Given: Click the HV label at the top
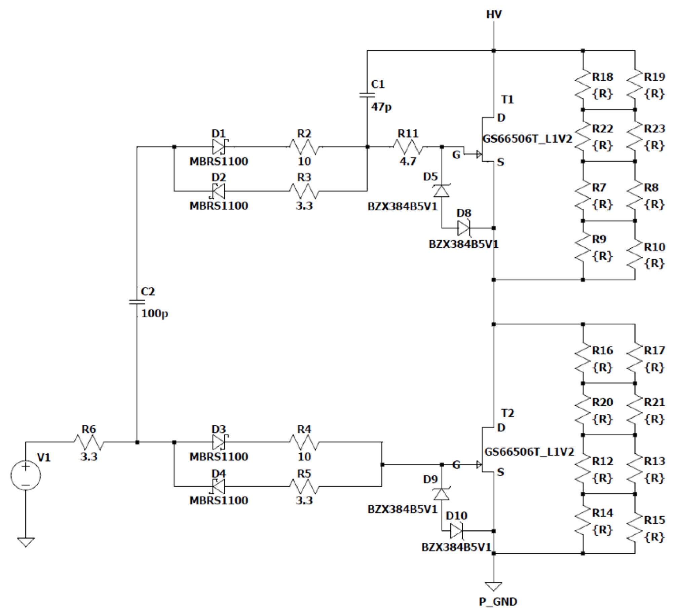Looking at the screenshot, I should coord(494,14).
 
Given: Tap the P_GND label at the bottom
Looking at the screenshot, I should coord(498,601).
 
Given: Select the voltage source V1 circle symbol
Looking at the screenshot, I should coord(26,475).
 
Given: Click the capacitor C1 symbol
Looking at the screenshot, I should coord(367,95).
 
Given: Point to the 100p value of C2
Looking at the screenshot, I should coord(154,314).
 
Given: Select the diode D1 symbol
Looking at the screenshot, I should coord(219,147).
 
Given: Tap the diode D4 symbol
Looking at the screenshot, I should coord(219,486).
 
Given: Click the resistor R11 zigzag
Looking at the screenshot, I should coord(408,147).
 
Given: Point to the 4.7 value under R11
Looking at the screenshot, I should coord(408,161).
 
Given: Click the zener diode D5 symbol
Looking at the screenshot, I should coord(442,191).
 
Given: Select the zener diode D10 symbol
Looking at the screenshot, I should coord(456,531).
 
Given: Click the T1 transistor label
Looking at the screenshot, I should coord(507,99).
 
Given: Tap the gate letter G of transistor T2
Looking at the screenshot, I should coord(456,465).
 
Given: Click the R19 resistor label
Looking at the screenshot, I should coord(654,77).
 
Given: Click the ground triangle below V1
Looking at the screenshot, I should coord(26,542).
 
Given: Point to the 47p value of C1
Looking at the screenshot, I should coord(381,107).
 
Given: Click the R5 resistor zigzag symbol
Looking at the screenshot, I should coord(304,487).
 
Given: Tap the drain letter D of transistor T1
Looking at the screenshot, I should coord(501,118).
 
